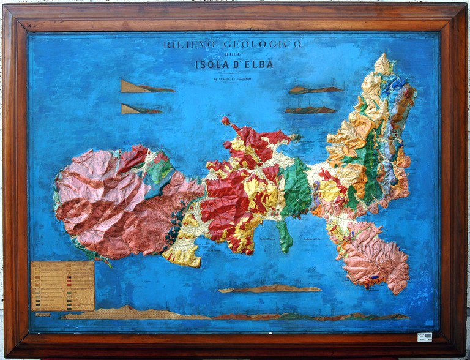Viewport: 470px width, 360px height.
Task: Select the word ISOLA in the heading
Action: click(x=214, y=64)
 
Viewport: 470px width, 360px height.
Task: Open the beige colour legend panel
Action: click(x=62, y=286)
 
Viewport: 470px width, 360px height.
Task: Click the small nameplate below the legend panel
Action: click(x=43, y=315)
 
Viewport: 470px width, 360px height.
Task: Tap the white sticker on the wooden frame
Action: click(x=424, y=337)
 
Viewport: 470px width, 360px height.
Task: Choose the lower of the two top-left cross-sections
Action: click(x=141, y=109)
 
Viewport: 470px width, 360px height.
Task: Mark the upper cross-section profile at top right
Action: click(x=315, y=90)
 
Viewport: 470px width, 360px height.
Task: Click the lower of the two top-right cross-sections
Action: click(x=310, y=110)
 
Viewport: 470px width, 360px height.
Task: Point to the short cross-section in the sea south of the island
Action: click(x=269, y=288)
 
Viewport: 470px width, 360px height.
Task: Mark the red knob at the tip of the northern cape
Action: click(x=225, y=121)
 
